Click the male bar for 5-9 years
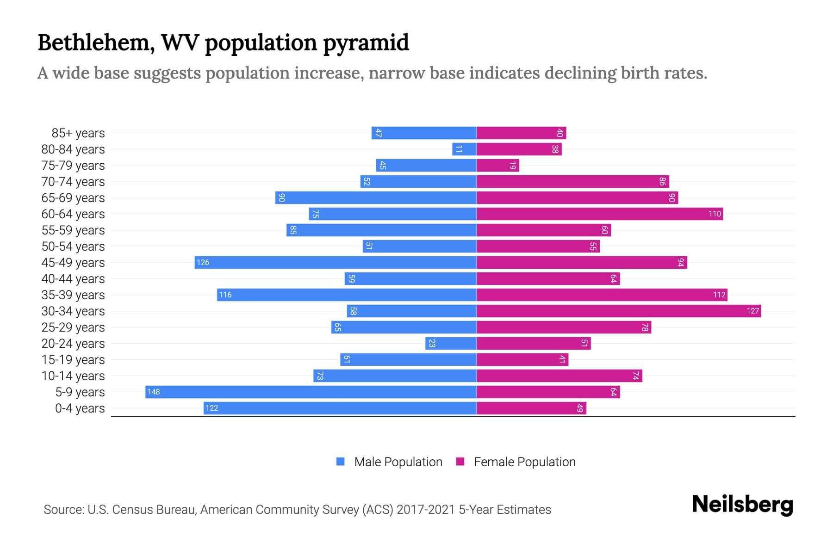pos(311,392)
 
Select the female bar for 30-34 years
pos(619,311)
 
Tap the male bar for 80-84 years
pos(465,149)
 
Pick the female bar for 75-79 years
pos(498,165)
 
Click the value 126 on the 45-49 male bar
pos(203,262)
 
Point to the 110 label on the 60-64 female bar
pos(715,214)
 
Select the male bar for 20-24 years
pos(451,343)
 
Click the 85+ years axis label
pos(78,133)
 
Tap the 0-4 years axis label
pos(80,408)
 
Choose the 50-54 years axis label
pos(73,247)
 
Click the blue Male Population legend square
pos(341,462)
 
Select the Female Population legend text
pos(524,462)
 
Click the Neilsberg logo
pos(742,505)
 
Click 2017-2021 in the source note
pos(426,510)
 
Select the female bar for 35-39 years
pos(602,295)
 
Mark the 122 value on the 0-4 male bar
pos(211,408)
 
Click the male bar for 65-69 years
pos(376,197)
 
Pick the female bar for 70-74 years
pos(573,181)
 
